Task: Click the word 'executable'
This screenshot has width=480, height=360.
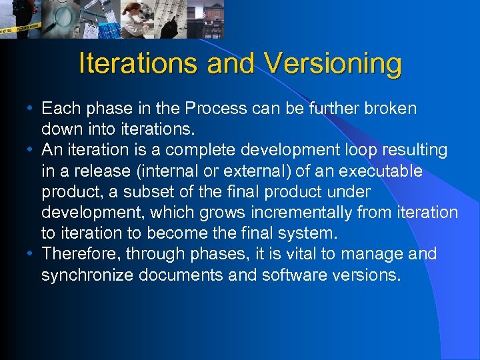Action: point(380,171)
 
